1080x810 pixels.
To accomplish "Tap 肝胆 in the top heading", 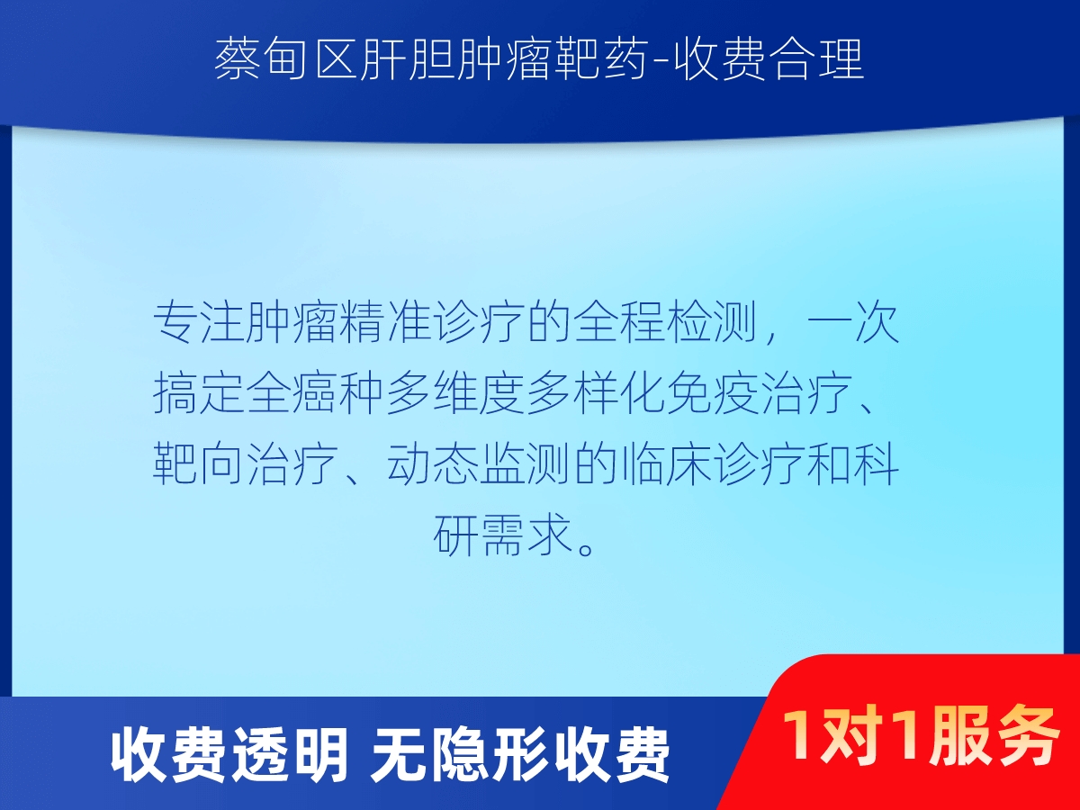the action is (x=408, y=59).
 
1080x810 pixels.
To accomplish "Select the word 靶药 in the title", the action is (x=600, y=59).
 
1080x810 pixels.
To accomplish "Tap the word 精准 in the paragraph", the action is (x=386, y=323).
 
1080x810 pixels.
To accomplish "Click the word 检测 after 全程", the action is (x=714, y=323).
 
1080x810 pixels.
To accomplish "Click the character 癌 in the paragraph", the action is (x=317, y=393).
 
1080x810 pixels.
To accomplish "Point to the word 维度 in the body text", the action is (x=480, y=393).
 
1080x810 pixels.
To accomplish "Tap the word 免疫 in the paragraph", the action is (x=714, y=393).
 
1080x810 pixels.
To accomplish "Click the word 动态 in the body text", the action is (x=433, y=463).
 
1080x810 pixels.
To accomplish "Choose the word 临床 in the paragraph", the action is (x=667, y=463).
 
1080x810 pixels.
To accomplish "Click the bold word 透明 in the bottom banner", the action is (x=290, y=754).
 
